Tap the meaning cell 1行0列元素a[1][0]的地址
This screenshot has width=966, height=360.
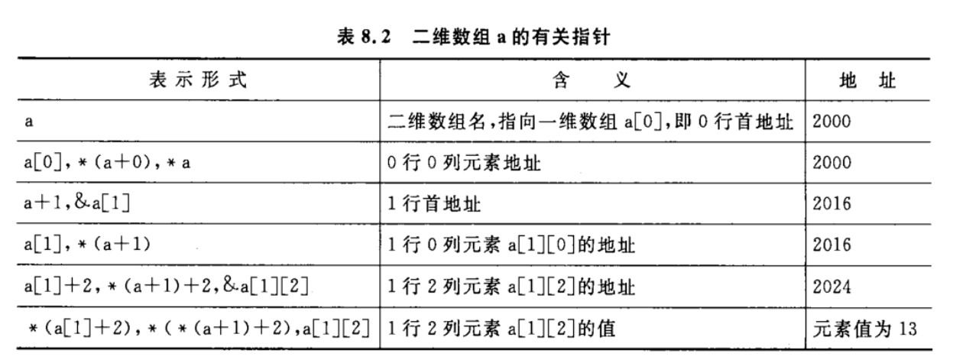coord(512,245)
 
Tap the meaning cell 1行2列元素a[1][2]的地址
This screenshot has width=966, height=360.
coord(512,287)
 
